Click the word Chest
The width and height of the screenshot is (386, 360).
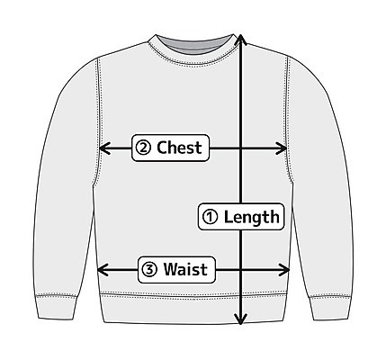pos(179,148)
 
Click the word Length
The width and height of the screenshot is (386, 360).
pos(251,217)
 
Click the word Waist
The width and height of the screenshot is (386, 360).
pos(185,269)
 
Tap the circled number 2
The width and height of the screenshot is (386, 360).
pos(143,148)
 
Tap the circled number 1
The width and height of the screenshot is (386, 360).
pos(210,217)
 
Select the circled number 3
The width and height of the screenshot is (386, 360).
pos(149,269)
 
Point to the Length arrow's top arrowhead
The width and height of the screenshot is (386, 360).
pos(240,39)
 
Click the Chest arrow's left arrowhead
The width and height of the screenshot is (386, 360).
pos(104,148)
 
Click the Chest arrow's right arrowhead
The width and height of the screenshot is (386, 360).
pos(282,148)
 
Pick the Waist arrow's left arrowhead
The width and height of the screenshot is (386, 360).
pos(103,270)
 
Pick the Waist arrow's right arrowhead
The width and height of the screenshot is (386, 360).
pos(284,270)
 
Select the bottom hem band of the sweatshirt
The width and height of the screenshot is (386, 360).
pos(193,308)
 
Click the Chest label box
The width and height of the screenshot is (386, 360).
pos(170,148)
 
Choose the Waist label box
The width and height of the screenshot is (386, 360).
pos(176,269)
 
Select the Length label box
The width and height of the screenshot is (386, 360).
pos(241,217)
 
